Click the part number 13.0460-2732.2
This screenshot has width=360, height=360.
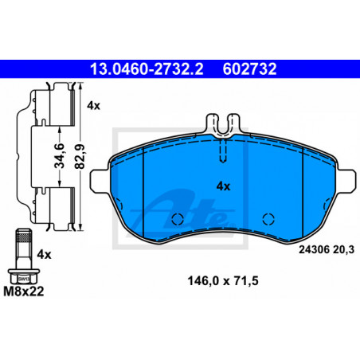(147, 69)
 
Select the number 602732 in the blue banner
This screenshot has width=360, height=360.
(249, 69)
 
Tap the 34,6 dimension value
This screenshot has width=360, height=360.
(60, 155)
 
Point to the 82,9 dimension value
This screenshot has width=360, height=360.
(80, 156)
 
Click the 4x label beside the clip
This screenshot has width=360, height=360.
(93, 106)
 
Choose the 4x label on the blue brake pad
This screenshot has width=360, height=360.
(223, 186)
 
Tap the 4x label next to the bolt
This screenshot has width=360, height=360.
(44, 255)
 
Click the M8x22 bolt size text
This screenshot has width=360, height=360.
(24, 292)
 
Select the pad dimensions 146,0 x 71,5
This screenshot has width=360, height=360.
(223, 281)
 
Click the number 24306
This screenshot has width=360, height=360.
(314, 250)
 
